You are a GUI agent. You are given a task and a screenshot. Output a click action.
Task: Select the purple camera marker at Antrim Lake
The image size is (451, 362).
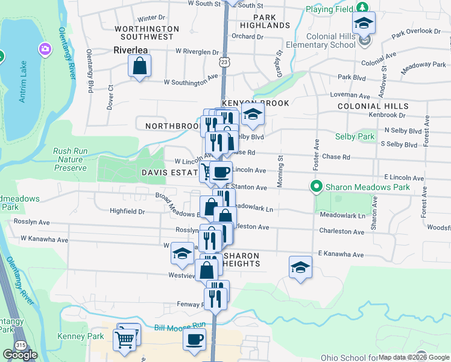(45, 48)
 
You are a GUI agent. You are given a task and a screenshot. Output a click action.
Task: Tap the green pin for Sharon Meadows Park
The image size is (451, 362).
(315, 186)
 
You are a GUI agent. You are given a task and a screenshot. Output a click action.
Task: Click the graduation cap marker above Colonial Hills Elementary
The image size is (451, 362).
(364, 24)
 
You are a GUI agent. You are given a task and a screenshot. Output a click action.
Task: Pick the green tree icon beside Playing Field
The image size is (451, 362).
(362, 8)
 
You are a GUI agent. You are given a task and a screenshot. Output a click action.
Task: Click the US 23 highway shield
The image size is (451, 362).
(224, 62)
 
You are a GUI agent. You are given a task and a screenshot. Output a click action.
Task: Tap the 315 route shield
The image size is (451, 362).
(21, 343)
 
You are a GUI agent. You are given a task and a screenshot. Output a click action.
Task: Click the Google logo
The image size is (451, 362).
(20, 355)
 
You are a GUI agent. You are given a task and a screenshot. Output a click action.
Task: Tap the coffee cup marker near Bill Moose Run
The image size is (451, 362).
(195, 340)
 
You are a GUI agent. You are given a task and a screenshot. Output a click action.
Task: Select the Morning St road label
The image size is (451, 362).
(280, 171)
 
